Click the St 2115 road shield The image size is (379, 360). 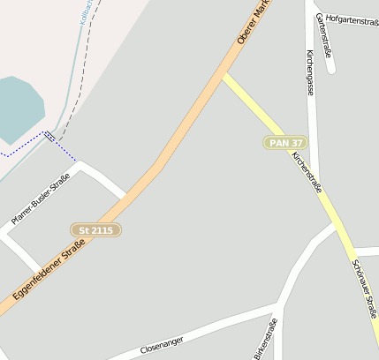tap(95, 229)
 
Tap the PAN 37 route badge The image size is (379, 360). tap(286, 143)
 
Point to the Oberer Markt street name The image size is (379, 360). tap(252, 25)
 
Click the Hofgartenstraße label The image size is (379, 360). tap(352, 20)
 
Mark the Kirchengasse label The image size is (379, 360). tap(310, 71)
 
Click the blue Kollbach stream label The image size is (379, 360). tap(87, 11)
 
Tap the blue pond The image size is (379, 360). tap(18, 109)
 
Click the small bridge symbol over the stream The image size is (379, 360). tap(50, 137)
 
